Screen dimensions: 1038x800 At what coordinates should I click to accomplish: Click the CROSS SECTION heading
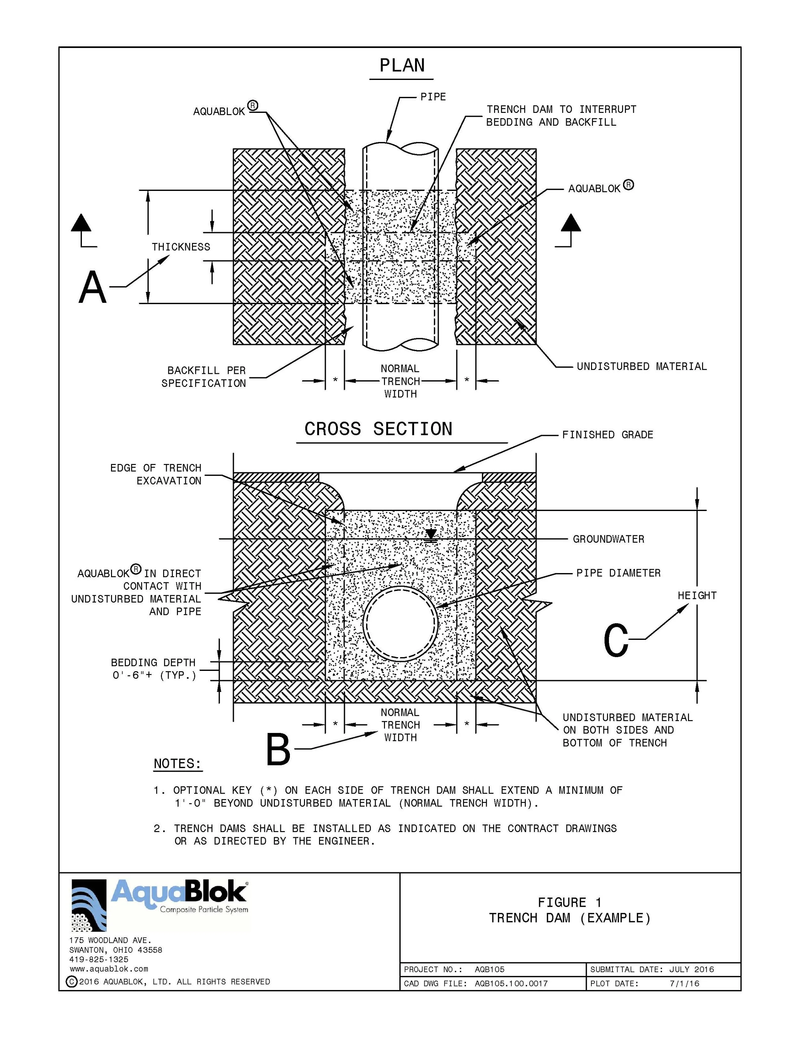point(378,429)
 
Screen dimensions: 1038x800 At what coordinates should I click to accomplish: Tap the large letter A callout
point(92,287)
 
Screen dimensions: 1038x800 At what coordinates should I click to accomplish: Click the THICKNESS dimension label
point(181,247)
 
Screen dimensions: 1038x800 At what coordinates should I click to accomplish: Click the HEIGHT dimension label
point(697,595)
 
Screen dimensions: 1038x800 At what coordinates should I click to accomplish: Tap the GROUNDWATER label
point(608,539)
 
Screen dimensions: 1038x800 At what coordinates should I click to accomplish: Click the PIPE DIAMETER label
point(618,573)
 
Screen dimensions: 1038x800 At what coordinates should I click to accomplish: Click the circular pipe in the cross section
point(400,623)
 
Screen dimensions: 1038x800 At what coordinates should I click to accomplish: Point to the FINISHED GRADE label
point(607,434)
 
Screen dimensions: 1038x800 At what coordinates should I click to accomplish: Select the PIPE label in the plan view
point(433,97)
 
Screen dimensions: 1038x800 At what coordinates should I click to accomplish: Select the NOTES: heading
point(177,764)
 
